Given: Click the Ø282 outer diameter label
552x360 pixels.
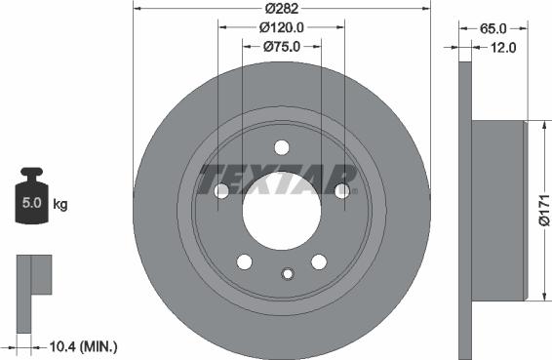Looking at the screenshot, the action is click(x=282, y=8).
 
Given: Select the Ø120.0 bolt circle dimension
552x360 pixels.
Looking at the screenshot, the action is click(x=281, y=27).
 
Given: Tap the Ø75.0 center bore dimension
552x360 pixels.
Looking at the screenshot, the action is click(x=282, y=46).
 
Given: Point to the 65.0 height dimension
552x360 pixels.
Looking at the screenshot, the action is click(x=493, y=28).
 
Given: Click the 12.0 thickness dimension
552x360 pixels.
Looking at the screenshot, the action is click(x=503, y=48).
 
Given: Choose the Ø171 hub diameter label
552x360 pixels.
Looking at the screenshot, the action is click(x=544, y=211).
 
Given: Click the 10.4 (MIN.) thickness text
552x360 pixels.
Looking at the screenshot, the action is click(x=84, y=347).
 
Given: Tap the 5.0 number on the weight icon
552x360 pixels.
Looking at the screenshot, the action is click(x=31, y=203).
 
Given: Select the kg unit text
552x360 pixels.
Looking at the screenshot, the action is click(x=60, y=204).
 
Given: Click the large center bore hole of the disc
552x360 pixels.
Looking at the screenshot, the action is click(x=282, y=211).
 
